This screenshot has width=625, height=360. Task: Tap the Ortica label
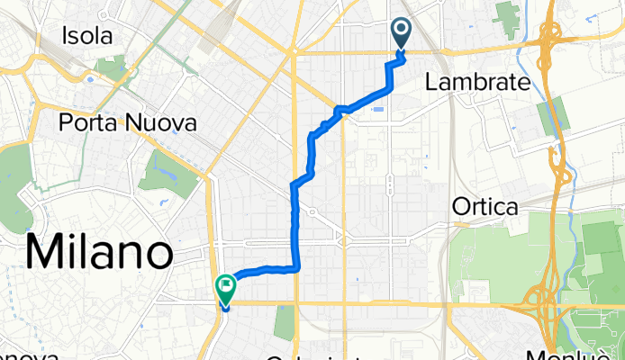(x=485, y=208)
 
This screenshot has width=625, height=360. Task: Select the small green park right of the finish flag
(x=285, y=322)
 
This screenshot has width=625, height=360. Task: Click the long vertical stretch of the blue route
(x=295, y=225)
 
